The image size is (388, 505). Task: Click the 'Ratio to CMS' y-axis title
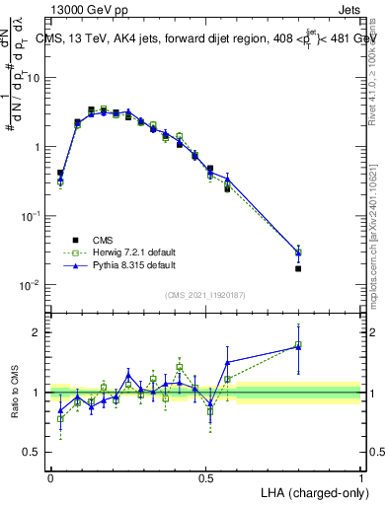[16, 393]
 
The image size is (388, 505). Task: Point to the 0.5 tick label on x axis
[205, 476]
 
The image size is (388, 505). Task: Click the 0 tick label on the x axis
[50, 476]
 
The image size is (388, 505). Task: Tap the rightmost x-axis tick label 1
[360, 476]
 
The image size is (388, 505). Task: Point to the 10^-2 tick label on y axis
[31, 285]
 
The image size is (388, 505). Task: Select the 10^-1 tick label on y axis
[31, 216]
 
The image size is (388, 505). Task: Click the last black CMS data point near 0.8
[298, 268]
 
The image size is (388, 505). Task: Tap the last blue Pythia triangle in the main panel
[298, 252]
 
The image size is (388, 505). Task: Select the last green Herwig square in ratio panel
[298, 345]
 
